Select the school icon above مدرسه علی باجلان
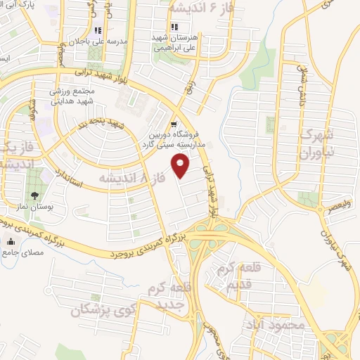[98, 30]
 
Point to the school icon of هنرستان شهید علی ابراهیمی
[174, 27]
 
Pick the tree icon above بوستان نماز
[34, 195]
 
